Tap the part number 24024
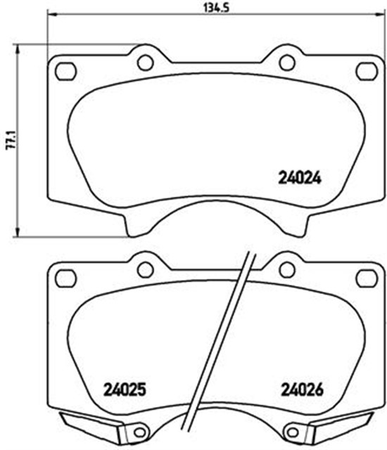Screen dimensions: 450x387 (x=296, y=179)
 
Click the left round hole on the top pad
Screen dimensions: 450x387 (x=145, y=63)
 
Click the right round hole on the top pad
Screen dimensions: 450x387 (x=287, y=63)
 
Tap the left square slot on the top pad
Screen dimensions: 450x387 (x=65, y=70)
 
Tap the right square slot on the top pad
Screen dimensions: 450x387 (x=366, y=70)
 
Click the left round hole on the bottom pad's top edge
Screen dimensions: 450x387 (x=145, y=269)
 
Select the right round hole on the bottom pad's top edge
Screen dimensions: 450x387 (x=287, y=269)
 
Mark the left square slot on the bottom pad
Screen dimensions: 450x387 (x=65, y=278)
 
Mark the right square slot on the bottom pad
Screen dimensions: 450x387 (x=366, y=278)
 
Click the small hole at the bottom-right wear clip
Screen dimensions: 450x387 (x=291, y=430)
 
